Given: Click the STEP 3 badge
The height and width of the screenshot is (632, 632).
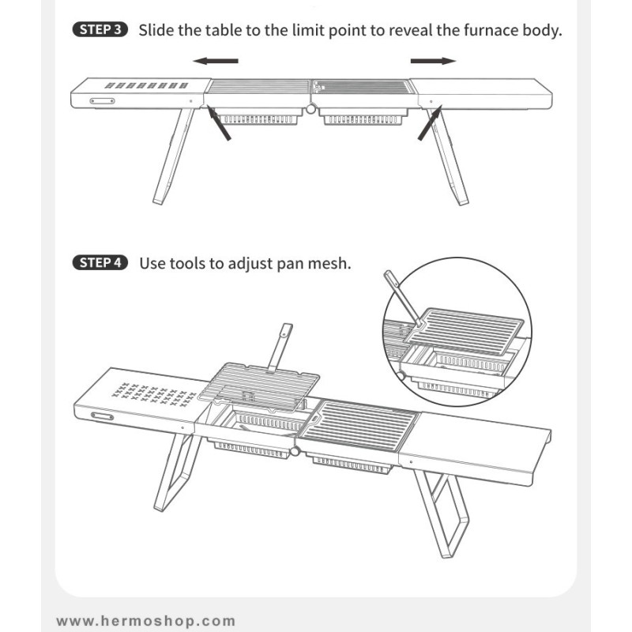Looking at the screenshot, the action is tap(100, 30).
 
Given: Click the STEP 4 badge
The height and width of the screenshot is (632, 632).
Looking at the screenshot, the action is tap(100, 263).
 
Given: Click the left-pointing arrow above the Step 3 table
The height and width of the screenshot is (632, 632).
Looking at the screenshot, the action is tap(216, 61).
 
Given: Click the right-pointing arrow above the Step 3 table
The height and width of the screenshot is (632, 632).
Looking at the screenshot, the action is tap(433, 61).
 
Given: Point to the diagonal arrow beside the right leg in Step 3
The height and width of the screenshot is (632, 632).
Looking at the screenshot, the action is tap(430, 122).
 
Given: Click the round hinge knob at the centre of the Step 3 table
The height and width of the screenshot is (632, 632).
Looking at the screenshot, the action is tap(310, 108).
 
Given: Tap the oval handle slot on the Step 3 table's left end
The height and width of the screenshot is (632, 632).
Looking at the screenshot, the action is tap(102, 101).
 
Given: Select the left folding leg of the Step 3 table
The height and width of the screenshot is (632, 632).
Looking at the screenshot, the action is tap(173, 156).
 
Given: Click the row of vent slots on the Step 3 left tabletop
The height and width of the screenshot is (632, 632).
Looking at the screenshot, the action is tap(146, 85).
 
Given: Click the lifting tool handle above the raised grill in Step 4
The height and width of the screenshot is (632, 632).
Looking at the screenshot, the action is tap(280, 348).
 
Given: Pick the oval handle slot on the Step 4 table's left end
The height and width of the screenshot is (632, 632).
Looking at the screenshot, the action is tap(102, 416).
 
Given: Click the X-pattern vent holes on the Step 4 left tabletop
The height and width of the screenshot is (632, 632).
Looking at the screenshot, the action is tap(153, 394).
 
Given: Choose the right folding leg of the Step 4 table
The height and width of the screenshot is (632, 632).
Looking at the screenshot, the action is tap(442, 513).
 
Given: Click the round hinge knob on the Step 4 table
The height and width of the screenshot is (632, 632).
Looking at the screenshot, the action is tap(295, 451).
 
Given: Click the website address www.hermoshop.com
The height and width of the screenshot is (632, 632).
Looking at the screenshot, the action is tap(146, 621).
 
